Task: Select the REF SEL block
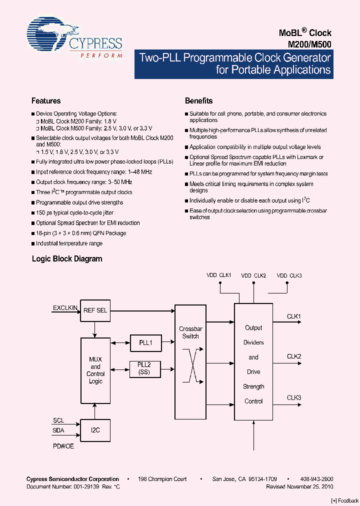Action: coord(95,310)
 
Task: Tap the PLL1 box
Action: coord(145,343)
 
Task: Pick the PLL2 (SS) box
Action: coord(145,369)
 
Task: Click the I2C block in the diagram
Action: coord(95,430)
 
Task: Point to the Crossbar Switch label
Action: coord(190,332)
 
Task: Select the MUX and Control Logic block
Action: coord(95,370)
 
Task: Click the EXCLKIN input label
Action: coord(65,308)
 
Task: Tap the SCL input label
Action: coord(58,420)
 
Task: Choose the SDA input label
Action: coord(58,430)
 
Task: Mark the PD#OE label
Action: coord(63,446)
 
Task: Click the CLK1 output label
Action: coord(293,316)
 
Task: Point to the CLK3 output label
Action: coord(293,397)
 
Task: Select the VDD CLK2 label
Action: coord(253,275)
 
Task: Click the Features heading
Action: coord(46,100)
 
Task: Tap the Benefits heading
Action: coord(198,100)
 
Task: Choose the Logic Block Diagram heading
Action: coord(67,258)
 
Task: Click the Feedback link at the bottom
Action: coord(345,500)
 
